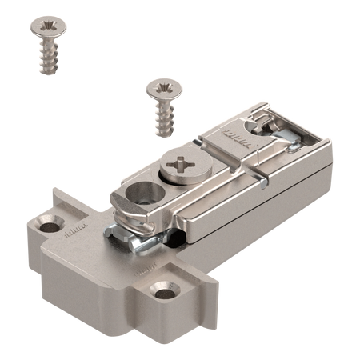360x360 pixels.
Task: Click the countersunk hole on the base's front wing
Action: pos(170,287)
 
